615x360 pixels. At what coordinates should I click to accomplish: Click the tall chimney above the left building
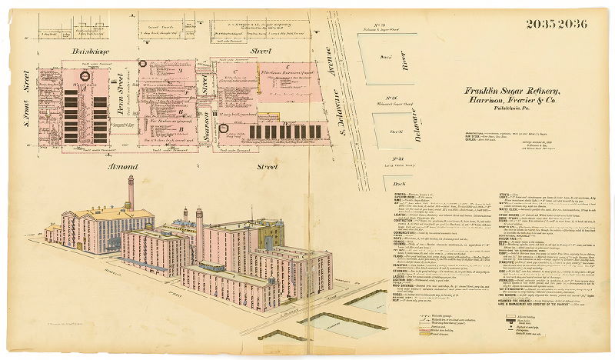click(131, 192)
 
